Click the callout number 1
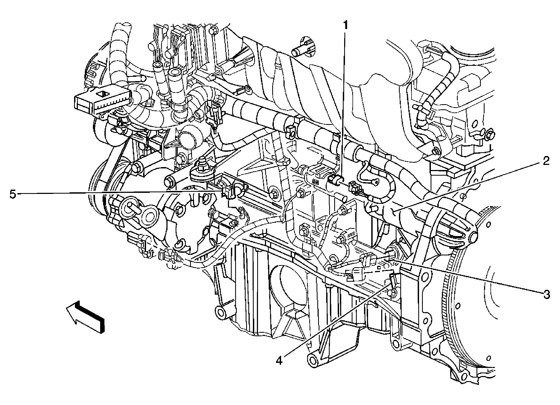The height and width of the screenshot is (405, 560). click(346, 26)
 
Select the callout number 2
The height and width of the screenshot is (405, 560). click(546, 161)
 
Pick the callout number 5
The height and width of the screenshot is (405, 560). click(13, 194)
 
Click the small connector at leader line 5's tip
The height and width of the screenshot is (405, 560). click(228, 192)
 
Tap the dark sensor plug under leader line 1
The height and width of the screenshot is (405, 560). click(334, 179)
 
